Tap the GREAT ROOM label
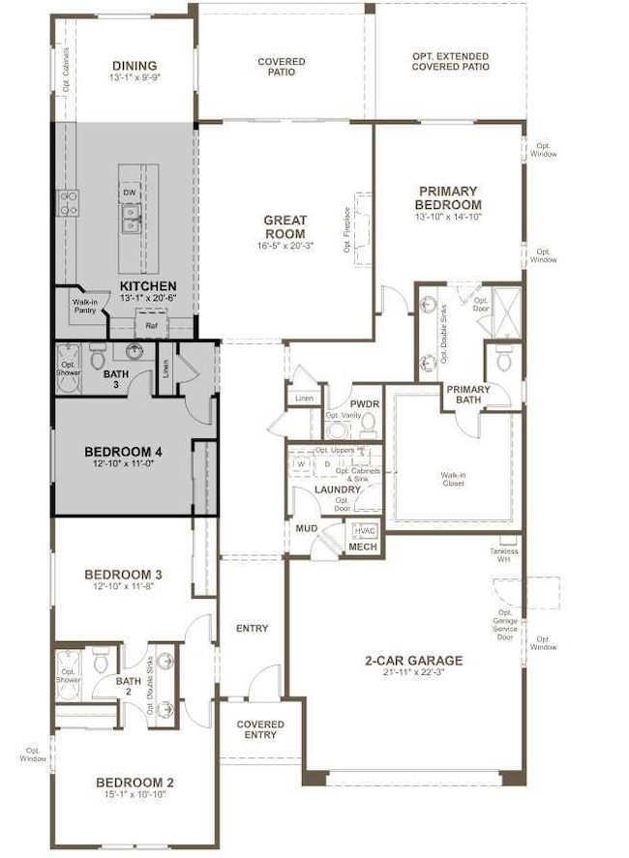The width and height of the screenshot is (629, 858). tap(285, 226)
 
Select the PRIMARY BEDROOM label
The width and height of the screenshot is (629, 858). tap(448, 197)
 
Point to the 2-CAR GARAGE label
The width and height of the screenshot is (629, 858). tap(413, 661)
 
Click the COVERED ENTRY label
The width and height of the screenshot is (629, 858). tap(261, 729)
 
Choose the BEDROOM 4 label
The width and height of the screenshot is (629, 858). tap(122, 452)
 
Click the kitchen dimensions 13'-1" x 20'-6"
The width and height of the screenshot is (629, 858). tap(147, 300)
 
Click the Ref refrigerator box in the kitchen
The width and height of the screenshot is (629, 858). tap(150, 327)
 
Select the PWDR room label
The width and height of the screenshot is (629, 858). tap(363, 403)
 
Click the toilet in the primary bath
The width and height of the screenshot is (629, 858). tap(503, 359)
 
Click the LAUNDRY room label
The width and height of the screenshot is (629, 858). tap(338, 490)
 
